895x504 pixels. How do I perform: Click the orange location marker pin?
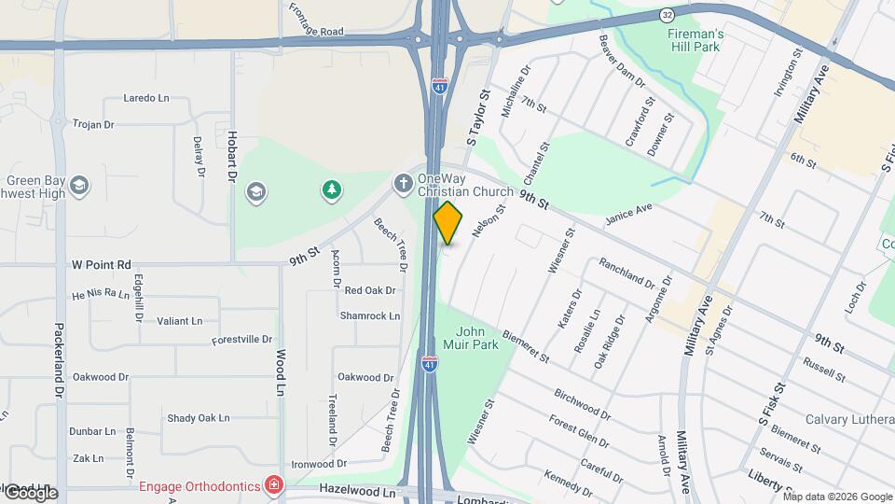pos(448,223)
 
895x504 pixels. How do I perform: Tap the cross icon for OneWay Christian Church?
pos(403,181)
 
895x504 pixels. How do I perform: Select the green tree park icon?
pos(331,191)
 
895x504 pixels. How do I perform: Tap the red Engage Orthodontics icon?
pos(273,484)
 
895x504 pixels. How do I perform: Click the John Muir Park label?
pos(483,338)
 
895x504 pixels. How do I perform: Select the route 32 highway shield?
pos(667,16)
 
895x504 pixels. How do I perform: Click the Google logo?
pos(30,492)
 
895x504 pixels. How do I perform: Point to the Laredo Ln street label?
pos(146,97)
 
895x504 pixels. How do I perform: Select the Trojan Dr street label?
pos(93,124)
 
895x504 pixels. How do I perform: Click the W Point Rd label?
pos(102,264)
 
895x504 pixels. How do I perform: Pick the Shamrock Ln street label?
pos(370,315)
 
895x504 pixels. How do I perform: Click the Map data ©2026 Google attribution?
pos(836,496)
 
